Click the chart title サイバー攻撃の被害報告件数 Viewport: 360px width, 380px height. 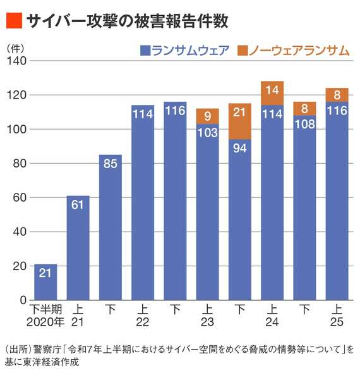127,21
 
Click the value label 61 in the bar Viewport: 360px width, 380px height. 78,205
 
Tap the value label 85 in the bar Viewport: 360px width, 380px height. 110,165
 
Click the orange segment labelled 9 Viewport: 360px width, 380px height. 207,116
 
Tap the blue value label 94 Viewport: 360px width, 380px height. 240,149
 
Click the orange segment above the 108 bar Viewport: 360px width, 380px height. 304,108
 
